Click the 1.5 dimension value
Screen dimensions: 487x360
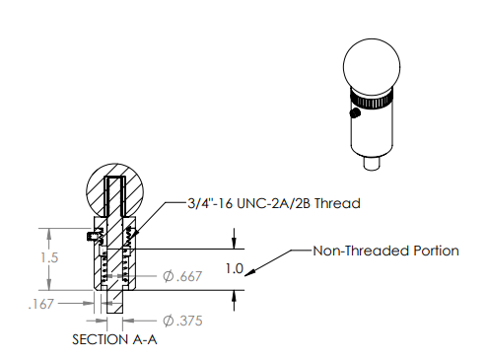[x=49, y=257]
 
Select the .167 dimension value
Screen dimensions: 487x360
[x=40, y=304]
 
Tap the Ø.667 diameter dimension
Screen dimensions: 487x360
[x=182, y=276]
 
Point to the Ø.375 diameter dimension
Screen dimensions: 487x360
[x=182, y=321]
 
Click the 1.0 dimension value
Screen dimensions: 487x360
[x=235, y=269]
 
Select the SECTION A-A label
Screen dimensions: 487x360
[x=114, y=339]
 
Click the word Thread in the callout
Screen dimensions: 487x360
[x=337, y=203]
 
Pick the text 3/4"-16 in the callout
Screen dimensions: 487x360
[x=210, y=203]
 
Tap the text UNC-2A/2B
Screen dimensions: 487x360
[x=273, y=203]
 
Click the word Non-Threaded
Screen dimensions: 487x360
[x=361, y=251]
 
